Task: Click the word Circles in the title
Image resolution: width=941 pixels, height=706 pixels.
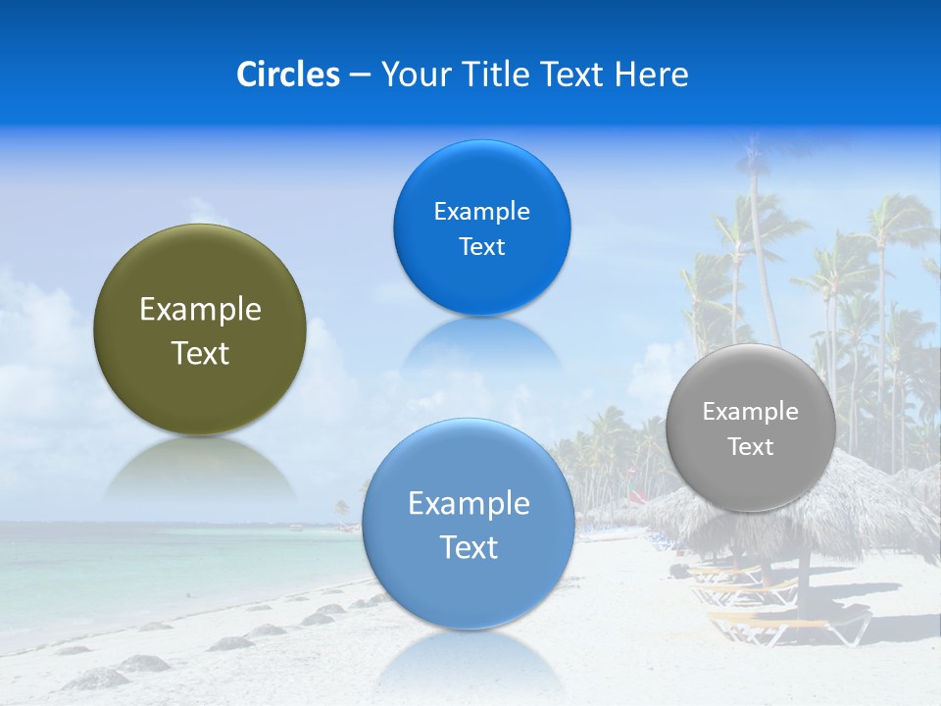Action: pos(288,75)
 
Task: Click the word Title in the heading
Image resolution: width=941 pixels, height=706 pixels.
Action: pos(496,75)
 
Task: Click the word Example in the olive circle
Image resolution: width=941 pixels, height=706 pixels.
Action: pos(200,310)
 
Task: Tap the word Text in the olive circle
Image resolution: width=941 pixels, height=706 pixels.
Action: pos(200,353)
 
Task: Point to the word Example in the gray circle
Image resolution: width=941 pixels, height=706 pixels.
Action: pos(751,412)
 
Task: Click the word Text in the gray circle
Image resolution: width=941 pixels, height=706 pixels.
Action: pos(751,447)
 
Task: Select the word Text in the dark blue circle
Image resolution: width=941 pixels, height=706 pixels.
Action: pos(481,247)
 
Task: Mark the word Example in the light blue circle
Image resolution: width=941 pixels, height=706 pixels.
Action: pos(469,504)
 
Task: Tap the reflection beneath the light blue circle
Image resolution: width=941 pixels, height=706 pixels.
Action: pos(469,662)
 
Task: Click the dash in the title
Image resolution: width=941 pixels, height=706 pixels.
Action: pos(360,75)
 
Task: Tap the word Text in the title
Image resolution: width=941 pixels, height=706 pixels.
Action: pos(573,75)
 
